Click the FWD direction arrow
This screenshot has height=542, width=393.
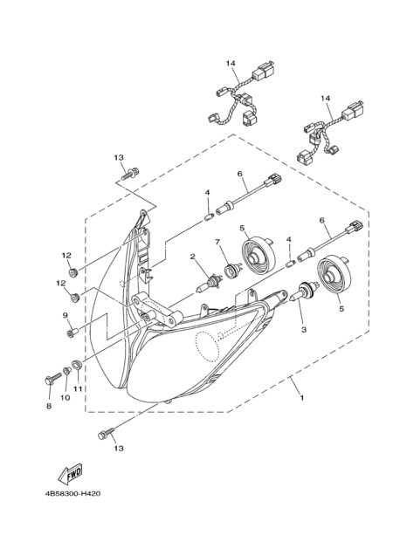70,474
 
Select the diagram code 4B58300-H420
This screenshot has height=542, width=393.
72,494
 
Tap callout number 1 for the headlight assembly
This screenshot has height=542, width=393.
302,398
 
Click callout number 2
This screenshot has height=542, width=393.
193,256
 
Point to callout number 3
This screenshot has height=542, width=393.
304,330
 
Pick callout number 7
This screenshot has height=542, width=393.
217,242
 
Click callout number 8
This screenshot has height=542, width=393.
49,406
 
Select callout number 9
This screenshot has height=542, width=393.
65,315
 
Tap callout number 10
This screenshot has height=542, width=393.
65,398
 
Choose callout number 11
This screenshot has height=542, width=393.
78,389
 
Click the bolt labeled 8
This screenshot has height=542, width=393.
52,378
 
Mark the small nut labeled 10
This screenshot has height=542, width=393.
66,371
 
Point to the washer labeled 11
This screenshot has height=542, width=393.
77,364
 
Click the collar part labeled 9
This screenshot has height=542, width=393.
72,333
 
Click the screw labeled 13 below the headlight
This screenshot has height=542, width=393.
106,434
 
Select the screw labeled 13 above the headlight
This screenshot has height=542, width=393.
130,174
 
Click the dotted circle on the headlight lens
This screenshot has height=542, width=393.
208,346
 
